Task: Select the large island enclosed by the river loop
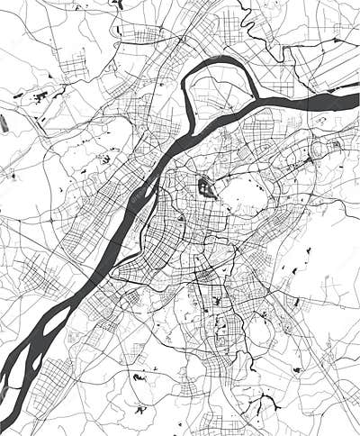(x=220, y=101)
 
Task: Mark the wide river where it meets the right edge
(x=351, y=100)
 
